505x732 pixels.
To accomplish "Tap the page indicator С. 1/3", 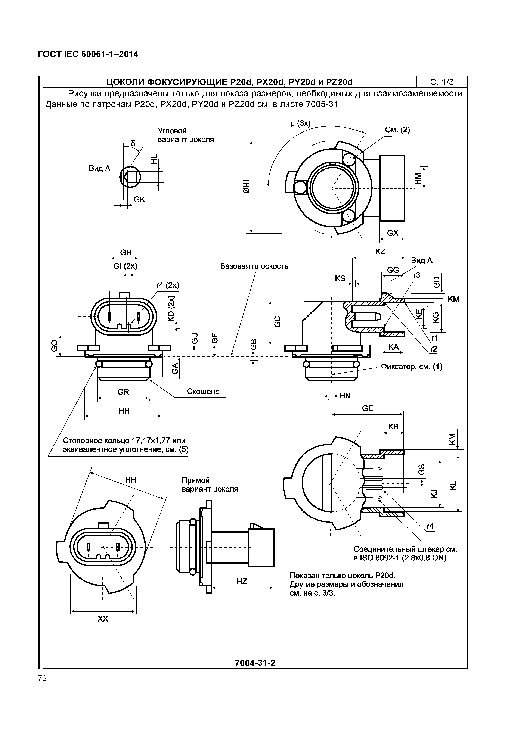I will coord(442,82).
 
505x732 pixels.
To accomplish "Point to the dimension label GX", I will coord(393,233).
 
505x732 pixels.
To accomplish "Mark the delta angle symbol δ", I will coord(133,144).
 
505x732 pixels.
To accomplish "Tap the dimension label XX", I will coord(103,619).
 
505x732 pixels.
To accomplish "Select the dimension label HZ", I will coord(242,581).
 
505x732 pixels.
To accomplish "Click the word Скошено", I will coord(203,392).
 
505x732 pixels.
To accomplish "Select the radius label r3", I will coord(417,275).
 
